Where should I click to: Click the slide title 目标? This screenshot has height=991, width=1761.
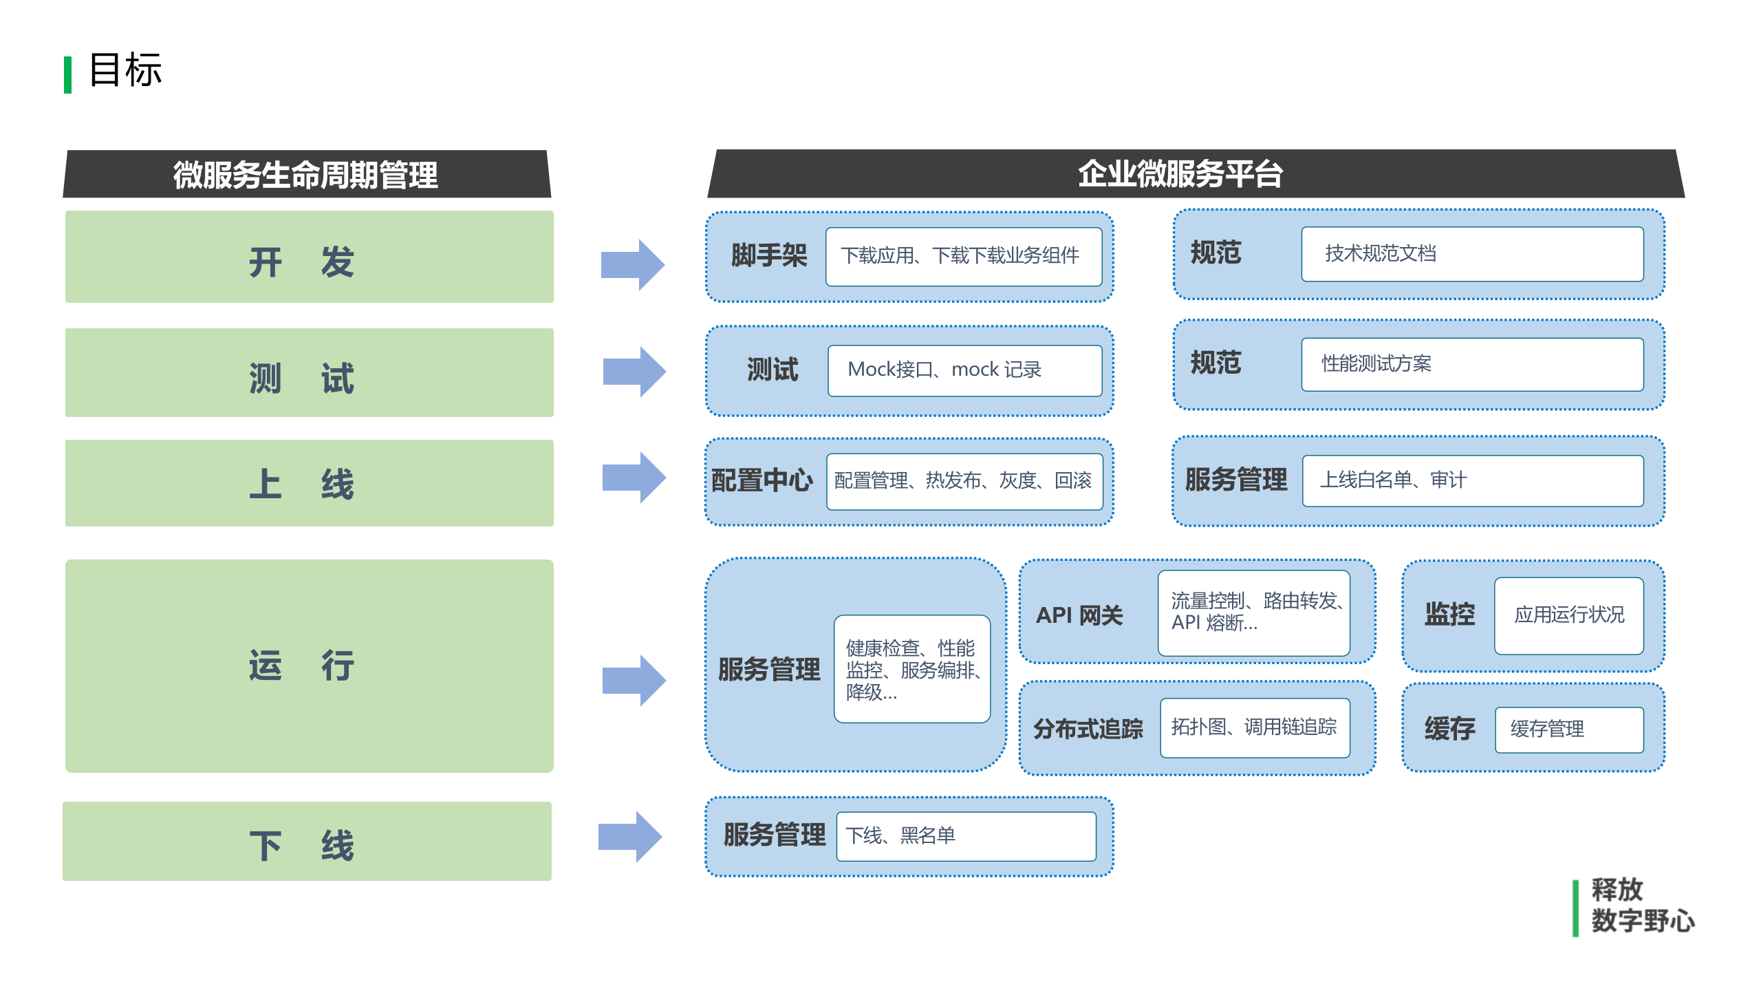point(125,70)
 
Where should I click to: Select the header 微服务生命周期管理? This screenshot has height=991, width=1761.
point(305,175)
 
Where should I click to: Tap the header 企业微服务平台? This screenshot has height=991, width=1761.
point(1180,173)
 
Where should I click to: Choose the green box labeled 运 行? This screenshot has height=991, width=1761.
point(309,665)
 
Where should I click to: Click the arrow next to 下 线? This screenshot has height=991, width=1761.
point(630,836)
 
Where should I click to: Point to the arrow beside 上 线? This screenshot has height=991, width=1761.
point(634,478)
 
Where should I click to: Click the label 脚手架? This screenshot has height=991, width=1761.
point(768,256)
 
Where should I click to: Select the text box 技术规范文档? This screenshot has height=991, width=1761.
point(1471,254)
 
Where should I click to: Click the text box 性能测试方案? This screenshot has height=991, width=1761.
point(1471,364)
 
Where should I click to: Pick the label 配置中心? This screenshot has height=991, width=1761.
point(761,480)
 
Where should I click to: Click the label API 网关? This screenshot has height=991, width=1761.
point(1079,615)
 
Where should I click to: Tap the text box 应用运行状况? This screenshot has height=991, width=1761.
point(1568,615)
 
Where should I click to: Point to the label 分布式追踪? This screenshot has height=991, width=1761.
point(1088,728)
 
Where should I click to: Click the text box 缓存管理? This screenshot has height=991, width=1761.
point(1568,729)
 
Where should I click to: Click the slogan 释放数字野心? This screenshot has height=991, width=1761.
point(1641,906)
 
